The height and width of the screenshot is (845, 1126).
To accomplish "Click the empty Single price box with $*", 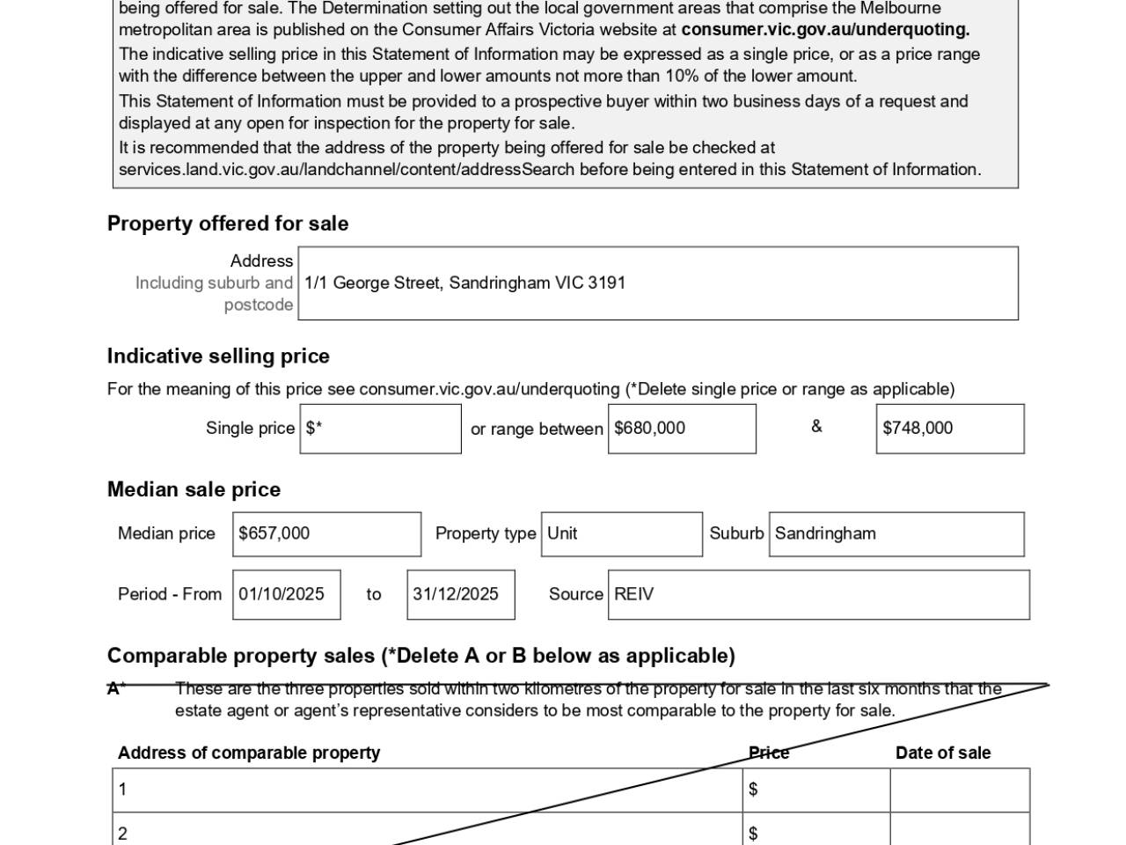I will pyautogui.click(x=380, y=429).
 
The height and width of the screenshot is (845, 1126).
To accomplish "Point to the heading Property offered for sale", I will pyautogui.click(x=228, y=224).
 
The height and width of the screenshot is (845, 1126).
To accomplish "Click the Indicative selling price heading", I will pyautogui.click(x=218, y=356).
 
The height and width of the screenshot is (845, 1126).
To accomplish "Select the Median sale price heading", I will pyautogui.click(x=194, y=489).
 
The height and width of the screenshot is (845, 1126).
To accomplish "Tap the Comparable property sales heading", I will pyautogui.click(x=420, y=656).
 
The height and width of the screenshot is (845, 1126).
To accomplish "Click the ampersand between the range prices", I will pyautogui.click(x=816, y=427).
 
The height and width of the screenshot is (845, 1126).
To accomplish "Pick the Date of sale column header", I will pyautogui.click(x=943, y=753).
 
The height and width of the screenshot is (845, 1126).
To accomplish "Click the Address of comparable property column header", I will pyautogui.click(x=249, y=753).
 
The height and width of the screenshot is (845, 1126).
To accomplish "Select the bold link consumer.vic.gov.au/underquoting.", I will pyautogui.click(x=825, y=29).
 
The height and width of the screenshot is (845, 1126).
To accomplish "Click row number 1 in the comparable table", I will pyautogui.click(x=122, y=790).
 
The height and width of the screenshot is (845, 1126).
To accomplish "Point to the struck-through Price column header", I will pyautogui.click(x=769, y=753).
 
